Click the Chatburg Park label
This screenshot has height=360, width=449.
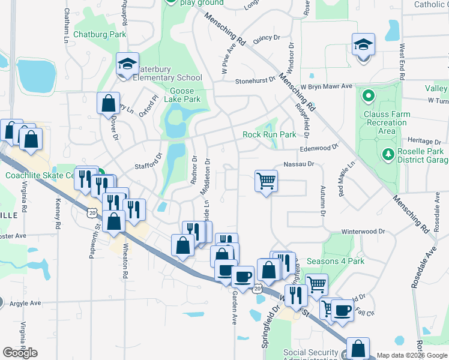tap(100, 34)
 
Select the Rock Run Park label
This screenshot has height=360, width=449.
tap(269, 135)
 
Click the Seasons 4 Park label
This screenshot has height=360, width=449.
tap(336, 261)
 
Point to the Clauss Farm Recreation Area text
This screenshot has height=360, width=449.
tap(387, 122)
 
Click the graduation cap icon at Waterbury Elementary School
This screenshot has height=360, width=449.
tap(127, 64)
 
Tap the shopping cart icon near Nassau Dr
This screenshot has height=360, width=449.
tap(266, 179)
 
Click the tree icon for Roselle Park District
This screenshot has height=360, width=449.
tap(388, 154)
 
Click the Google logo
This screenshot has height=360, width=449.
tap(20, 352)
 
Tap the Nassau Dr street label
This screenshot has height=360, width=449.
tap(298, 163)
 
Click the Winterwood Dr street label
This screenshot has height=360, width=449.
tap(363, 231)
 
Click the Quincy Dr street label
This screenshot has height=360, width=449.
tap(267, 37)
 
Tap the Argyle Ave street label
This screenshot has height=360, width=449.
tap(25, 303)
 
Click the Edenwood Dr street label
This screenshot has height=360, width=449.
tap(319, 146)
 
